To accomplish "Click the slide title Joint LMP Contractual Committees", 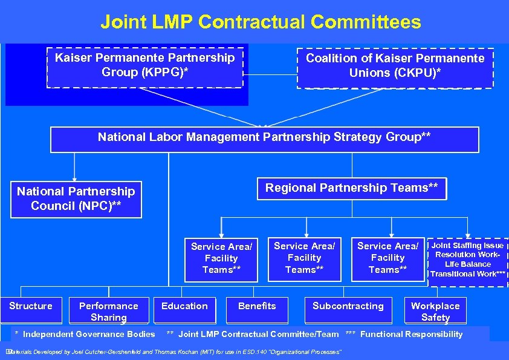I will (261, 22).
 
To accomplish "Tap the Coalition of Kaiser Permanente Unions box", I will (395, 66).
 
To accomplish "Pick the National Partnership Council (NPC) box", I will (76, 199).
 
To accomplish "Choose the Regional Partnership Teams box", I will (352, 188).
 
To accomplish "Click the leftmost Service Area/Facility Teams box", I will (221, 258).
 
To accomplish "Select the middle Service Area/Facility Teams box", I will (304, 258).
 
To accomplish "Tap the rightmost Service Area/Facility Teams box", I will (387, 258).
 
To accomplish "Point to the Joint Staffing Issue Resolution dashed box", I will (467, 260).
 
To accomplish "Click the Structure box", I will (31, 306).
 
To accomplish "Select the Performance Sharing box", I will (109, 311).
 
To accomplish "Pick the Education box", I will (184, 306).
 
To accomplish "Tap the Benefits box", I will (257, 306).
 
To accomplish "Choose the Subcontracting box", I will (348, 306).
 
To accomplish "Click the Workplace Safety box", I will (435, 311).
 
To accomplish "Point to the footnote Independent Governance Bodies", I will (85, 334).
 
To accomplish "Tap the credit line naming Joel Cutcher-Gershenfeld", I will (175, 352).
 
